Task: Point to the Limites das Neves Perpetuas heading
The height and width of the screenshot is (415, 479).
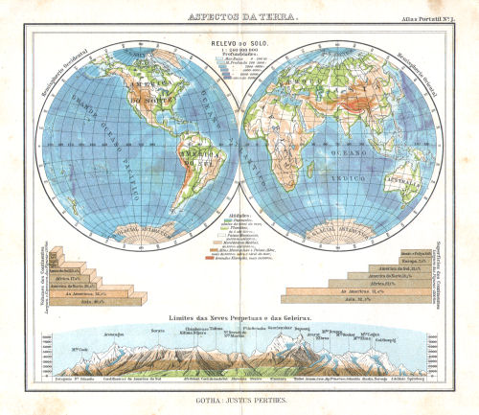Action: tap(239, 317)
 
